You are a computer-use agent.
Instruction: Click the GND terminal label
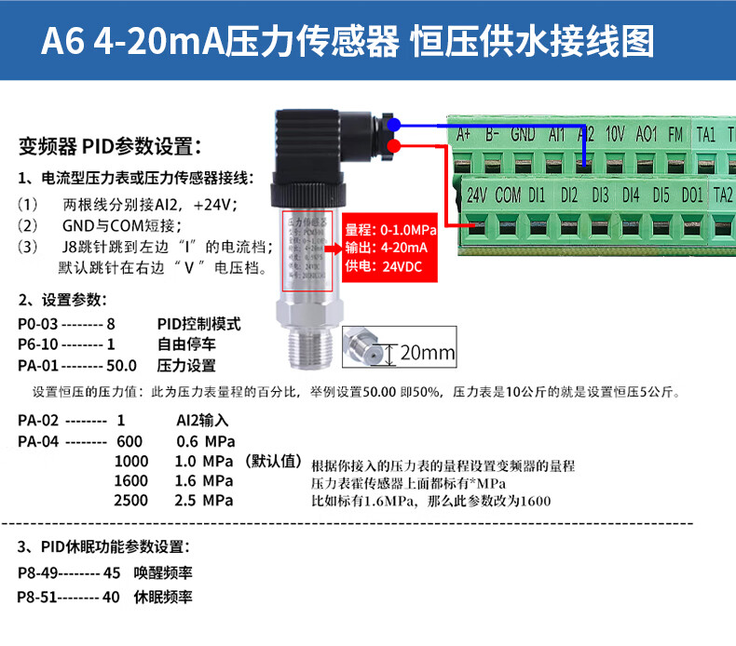523,134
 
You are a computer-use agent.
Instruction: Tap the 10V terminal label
615,134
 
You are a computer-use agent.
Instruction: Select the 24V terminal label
476,195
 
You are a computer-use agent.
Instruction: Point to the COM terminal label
508,195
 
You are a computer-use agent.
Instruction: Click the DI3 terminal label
600,195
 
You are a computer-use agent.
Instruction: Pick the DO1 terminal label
691,195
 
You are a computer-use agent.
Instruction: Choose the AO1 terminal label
647,134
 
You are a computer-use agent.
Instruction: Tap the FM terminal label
675,134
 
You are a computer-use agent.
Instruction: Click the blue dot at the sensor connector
394,124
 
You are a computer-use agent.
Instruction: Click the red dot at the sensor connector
394,147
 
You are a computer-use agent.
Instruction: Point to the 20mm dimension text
428,353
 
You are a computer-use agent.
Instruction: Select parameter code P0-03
38,325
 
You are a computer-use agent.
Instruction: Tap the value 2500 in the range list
130,501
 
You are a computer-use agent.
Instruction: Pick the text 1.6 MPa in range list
204,481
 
